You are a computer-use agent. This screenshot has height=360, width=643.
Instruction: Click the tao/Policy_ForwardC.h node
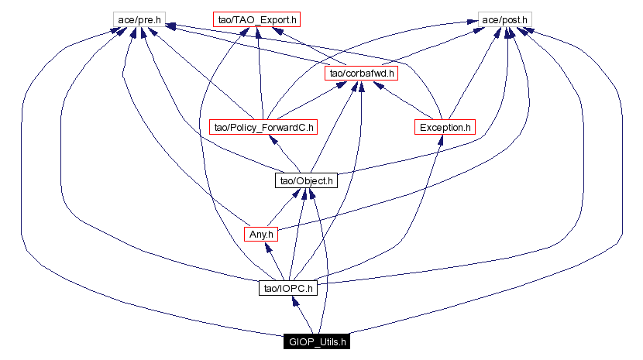263,127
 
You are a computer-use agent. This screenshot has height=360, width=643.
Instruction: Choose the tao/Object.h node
304,181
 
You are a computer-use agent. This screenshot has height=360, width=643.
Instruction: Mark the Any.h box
260,234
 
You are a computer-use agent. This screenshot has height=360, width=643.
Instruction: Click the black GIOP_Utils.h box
318,341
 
